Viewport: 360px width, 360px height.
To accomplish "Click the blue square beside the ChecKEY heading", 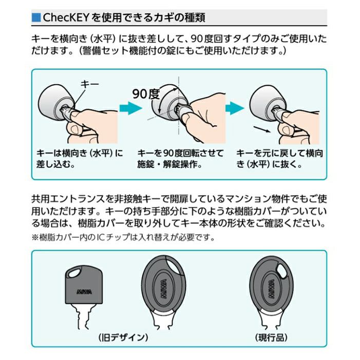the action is tap(36, 17).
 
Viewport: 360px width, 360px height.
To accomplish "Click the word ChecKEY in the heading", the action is tap(66, 17).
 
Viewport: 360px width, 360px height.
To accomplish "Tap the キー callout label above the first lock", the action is tap(90, 84).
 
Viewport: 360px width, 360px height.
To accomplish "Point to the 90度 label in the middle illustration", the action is tap(146, 94).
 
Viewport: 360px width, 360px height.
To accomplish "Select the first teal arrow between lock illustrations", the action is tap(130, 108).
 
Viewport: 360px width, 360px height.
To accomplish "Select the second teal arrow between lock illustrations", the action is tap(235, 108).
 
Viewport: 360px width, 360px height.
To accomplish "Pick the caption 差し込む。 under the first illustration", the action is tap(55, 164).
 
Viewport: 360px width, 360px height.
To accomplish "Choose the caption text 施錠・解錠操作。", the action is tap(169, 164).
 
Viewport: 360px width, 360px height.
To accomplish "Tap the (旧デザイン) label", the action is tap(123, 337).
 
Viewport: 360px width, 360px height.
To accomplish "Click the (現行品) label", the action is tap(271, 337).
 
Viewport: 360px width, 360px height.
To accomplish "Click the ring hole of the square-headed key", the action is tap(74, 273).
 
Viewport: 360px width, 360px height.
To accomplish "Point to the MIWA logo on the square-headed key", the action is tap(85, 292).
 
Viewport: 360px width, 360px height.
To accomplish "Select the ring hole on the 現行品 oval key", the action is tap(282, 270).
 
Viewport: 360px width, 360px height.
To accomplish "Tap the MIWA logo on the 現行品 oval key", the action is tap(272, 289).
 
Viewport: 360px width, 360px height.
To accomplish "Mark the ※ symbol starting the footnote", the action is tap(35, 237).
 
